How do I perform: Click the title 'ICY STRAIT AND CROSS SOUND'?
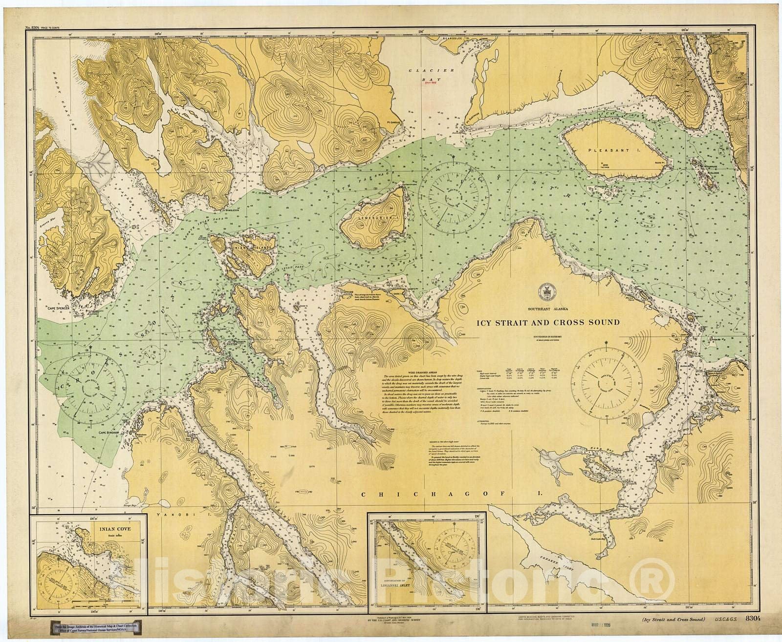tap(548, 323)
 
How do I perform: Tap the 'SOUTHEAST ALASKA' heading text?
tap(547, 308)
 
